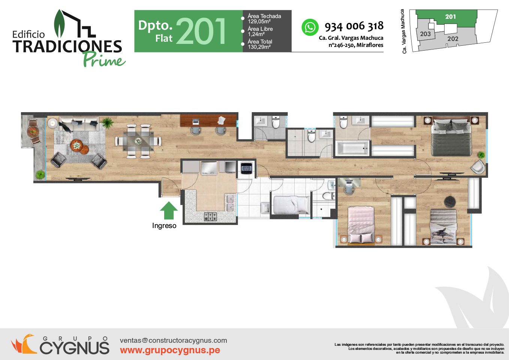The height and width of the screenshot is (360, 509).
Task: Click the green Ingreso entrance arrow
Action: pyautogui.click(x=169, y=210)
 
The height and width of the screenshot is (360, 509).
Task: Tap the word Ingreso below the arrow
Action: pyautogui.click(x=164, y=226)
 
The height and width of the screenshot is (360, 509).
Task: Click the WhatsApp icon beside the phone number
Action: pyautogui.click(x=310, y=27)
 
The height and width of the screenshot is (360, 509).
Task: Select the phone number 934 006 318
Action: pyautogui.click(x=354, y=26)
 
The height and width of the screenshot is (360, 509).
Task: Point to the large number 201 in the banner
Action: pyautogui.click(x=201, y=31)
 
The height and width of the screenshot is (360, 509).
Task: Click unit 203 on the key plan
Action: pyautogui.click(x=425, y=34)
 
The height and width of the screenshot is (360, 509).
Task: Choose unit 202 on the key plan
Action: pyautogui.click(x=453, y=39)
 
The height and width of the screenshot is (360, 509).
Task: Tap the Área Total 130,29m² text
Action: pyautogui.click(x=260, y=44)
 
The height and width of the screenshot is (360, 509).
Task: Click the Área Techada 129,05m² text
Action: pyautogui.click(x=264, y=19)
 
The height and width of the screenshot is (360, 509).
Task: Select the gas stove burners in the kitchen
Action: pyautogui.click(x=210, y=217)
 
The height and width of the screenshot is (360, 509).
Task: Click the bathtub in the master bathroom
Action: pyautogui.click(x=352, y=148)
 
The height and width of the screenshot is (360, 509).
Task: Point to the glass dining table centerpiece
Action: pyautogui.click(x=138, y=141)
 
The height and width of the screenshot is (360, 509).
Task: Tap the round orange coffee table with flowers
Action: pyautogui.click(x=76, y=145)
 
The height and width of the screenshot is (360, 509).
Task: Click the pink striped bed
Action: pyautogui.click(x=361, y=225)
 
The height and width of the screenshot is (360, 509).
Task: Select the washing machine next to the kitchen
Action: pyautogui.click(x=247, y=168)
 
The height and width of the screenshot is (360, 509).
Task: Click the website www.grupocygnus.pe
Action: pyautogui.click(x=170, y=350)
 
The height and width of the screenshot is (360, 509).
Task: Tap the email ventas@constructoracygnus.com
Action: pyautogui.click(x=174, y=340)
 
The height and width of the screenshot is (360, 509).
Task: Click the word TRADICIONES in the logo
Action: pyautogui.click(x=67, y=46)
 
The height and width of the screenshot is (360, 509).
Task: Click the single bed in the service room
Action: pyautogui.click(x=292, y=205)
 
